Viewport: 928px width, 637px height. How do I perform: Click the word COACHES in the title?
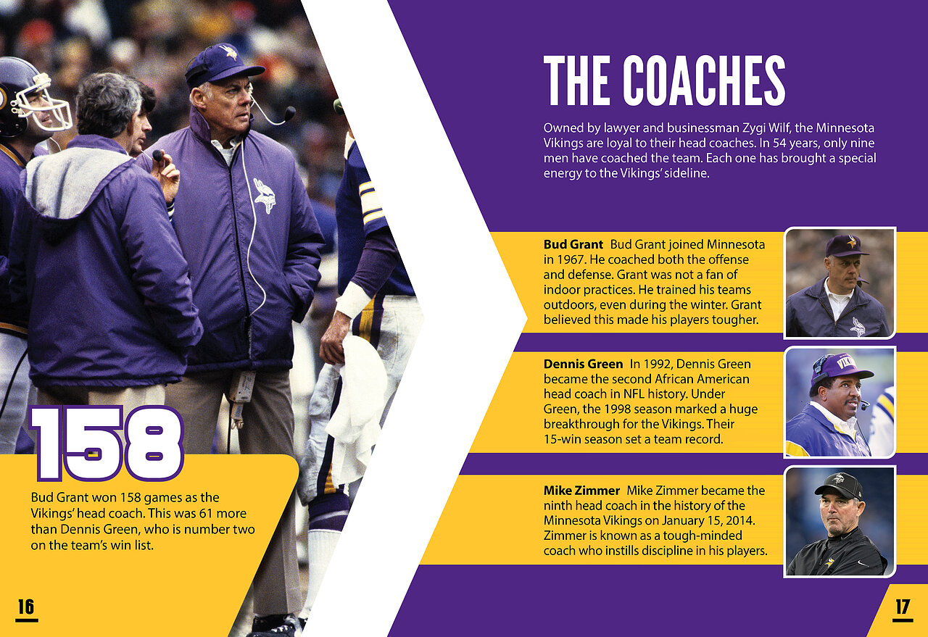[x=704, y=80]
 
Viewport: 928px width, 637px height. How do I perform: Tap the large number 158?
[x=107, y=444]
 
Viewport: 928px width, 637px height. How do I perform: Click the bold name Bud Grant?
[x=573, y=244]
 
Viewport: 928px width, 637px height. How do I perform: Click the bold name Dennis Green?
[x=583, y=364]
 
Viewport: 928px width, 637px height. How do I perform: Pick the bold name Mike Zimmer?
[x=581, y=491]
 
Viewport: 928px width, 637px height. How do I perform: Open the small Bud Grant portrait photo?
[x=840, y=283]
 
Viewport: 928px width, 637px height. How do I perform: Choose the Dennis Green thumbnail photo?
[x=840, y=402]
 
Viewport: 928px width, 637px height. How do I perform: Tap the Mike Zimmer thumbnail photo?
[x=840, y=522]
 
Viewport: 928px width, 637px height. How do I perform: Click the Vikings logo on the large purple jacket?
[x=265, y=196]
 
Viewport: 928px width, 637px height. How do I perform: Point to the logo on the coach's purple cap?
[x=228, y=52]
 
